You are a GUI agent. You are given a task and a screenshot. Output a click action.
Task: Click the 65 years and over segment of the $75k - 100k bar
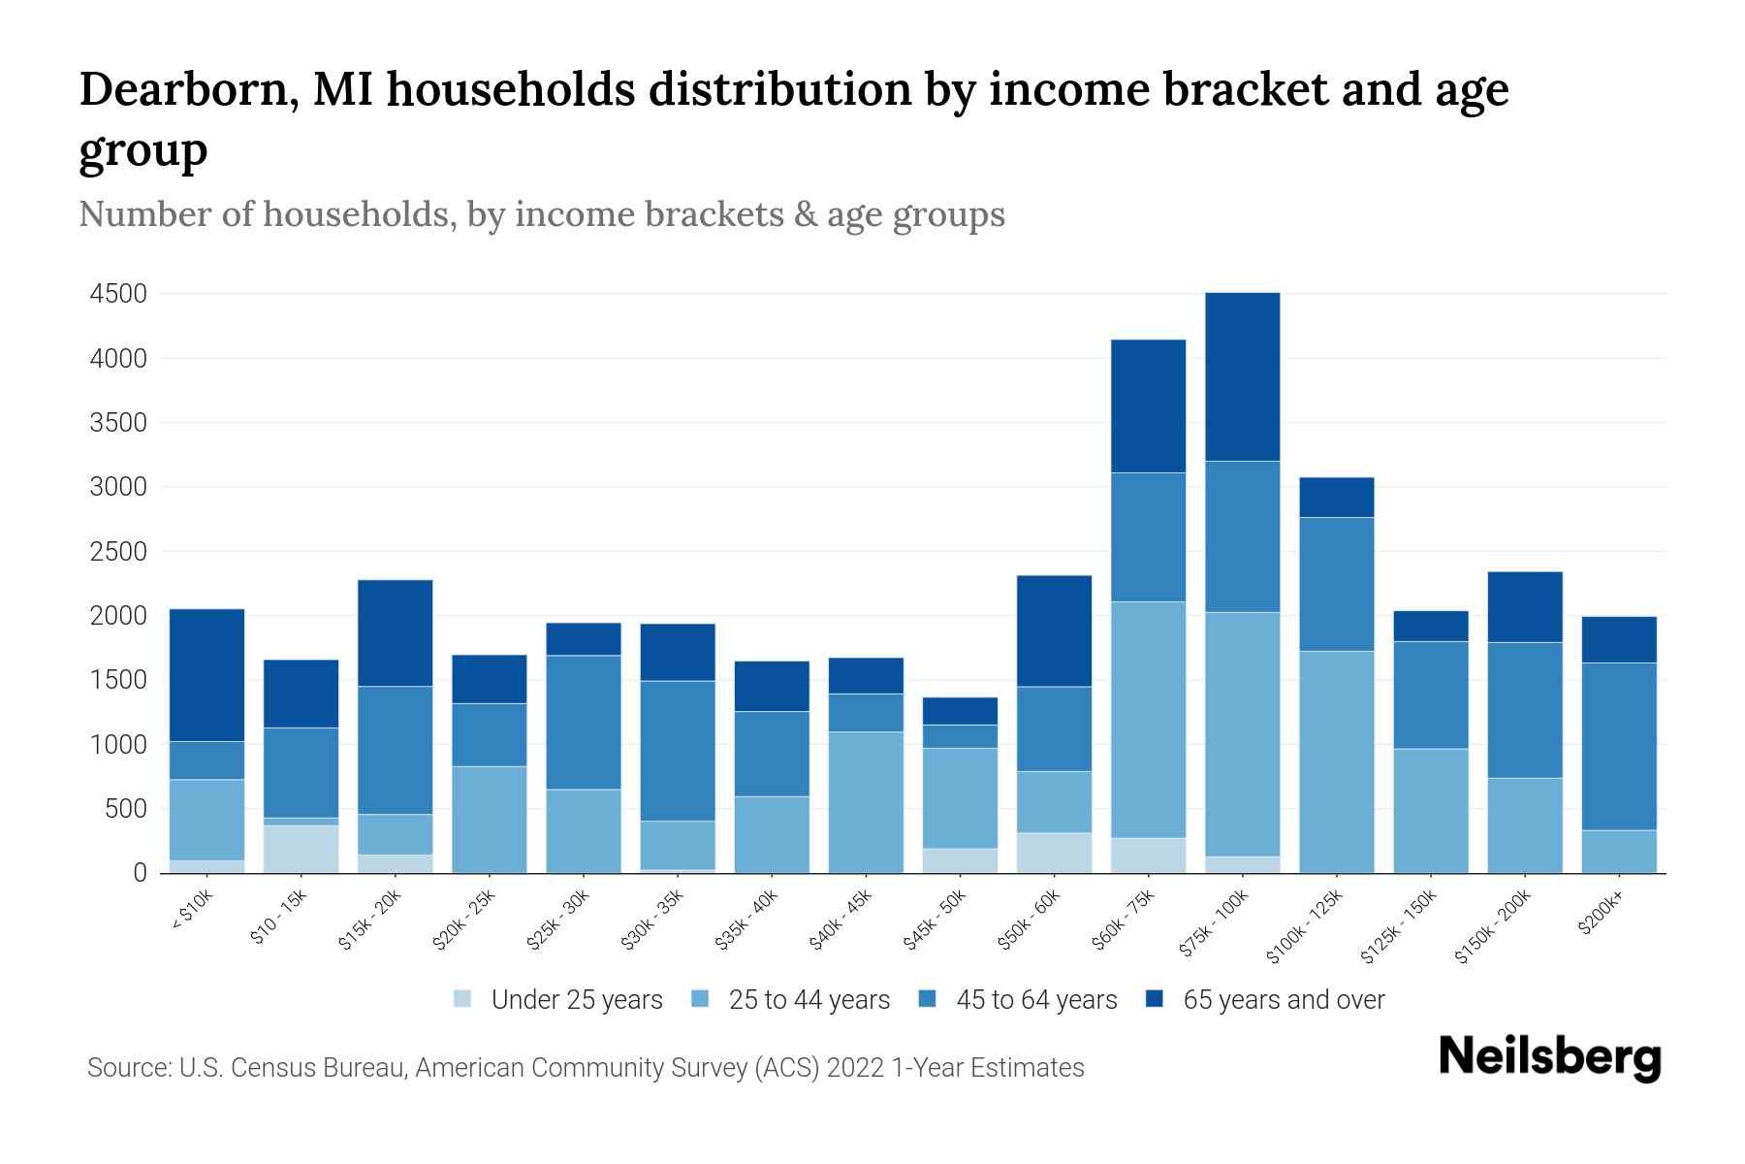pyautogui.click(x=1242, y=376)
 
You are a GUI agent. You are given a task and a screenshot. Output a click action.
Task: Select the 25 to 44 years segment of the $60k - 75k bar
pyautogui.click(x=1148, y=720)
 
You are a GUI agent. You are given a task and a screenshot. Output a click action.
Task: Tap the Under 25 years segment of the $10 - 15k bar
pyautogui.click(x=301, y=849)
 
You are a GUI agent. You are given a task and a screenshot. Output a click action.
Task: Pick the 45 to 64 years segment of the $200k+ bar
pyautogui.click(x=1619, y=746)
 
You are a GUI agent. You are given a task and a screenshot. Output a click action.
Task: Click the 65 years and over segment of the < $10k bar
pyautogui.click(x=206, y=675)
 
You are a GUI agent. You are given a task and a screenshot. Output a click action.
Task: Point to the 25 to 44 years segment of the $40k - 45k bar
pyautogui.click(x=866, y=802)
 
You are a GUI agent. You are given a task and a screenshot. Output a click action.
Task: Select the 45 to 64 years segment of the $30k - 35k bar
pyautogui.click(x=678, y=751)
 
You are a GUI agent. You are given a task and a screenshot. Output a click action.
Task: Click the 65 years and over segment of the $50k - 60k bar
pyautogui.click(x=1054, y=631)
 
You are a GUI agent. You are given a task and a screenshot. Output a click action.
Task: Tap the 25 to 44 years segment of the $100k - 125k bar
pyautogui.click(x=1336, y=761)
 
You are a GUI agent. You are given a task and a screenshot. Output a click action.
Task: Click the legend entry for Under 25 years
pyautogui.click(x=577, y=1000)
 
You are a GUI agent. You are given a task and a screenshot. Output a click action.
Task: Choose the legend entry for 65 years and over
pyautogui.click(x=1283, y=1000)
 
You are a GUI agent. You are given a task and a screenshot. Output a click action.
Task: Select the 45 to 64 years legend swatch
pyautogui.click(x=928, y=999)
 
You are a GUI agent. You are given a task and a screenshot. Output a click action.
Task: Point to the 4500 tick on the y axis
pyautogui.click(x=118, y=294)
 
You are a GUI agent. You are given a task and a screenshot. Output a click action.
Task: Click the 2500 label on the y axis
pyautogui.click(x=118, y=552)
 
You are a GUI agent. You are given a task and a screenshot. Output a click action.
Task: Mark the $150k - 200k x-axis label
pyautogui.click(x=1493, y=926)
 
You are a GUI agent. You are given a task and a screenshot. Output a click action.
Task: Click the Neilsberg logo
pyautogui.click(x=1549, y=1056)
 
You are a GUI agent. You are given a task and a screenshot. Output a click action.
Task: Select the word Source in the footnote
pyautogui.click(x=128, y=1068)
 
